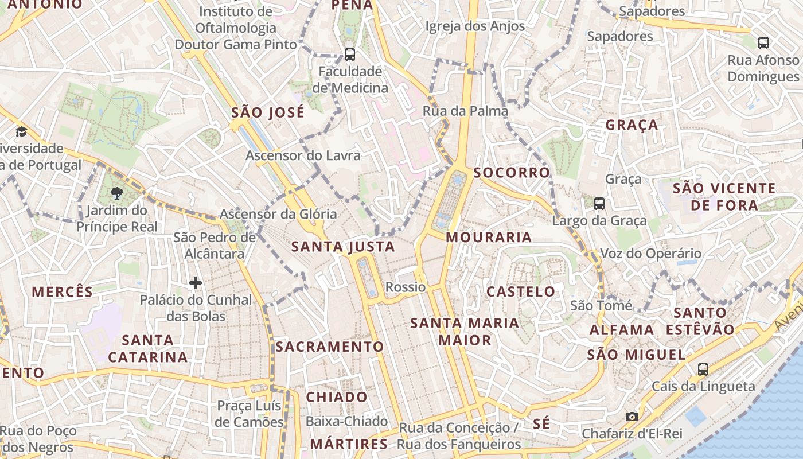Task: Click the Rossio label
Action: [406, 287]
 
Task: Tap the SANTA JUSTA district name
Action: [343, 247]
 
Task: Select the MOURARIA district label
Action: [489, 237]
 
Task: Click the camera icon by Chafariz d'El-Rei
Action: [632, 417]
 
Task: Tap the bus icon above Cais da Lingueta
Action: [703, 369]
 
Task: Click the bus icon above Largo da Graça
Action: [599, 203]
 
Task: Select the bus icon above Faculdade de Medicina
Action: [349, 55]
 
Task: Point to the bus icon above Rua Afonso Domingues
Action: [763, 42]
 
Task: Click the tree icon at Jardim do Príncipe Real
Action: [117, 192]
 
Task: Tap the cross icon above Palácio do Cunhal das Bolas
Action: [196, 282]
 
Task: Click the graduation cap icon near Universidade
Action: [21, 131]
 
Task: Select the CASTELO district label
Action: [521, 291]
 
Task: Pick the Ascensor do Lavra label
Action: [303, 155]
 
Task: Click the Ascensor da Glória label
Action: [279, 214]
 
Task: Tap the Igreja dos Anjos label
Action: [475, 26]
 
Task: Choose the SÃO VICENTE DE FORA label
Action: [724, 196]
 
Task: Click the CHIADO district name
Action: [337, 397]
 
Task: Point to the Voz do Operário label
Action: [650, 253]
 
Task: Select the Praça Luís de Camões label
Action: [250, 414]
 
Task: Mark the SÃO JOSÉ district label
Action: [268, 112]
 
